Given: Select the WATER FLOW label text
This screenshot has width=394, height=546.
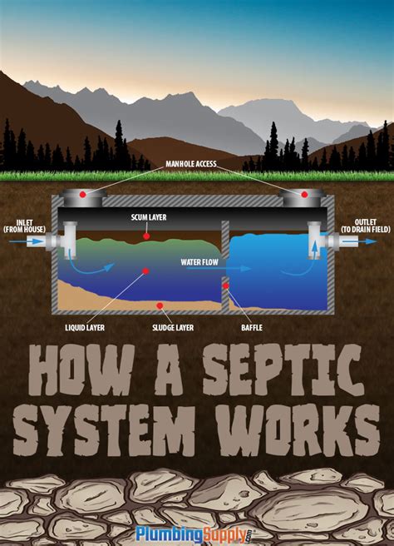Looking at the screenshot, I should (x=199, y=261).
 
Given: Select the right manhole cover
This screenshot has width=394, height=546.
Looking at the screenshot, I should (x=303, y=196).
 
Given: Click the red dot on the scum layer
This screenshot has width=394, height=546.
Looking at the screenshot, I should (x=147, y=236).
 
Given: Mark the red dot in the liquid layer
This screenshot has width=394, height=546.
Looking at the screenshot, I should (x=145, y=270).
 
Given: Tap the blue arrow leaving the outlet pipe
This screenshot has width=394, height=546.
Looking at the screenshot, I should (x=371, y=241).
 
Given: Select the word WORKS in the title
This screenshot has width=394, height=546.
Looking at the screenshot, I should (x=303, y=431).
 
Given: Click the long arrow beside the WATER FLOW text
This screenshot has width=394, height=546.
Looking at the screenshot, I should (x=237, y=269).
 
